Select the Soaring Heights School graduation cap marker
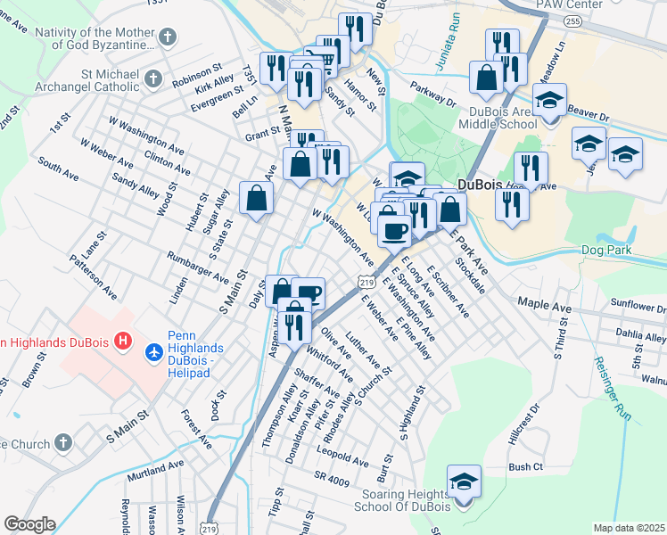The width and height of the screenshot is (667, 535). (x=464, y=482)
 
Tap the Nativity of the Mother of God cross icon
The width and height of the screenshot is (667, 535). (x=169, y=37)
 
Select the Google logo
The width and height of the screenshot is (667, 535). (x=29, y=523)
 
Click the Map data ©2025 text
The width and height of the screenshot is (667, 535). (x=629, y=528)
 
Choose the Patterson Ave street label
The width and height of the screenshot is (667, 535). (x=93, y=278)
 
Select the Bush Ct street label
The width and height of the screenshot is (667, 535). (x=525, y=466)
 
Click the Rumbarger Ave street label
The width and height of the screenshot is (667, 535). (x=197, y=267)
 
